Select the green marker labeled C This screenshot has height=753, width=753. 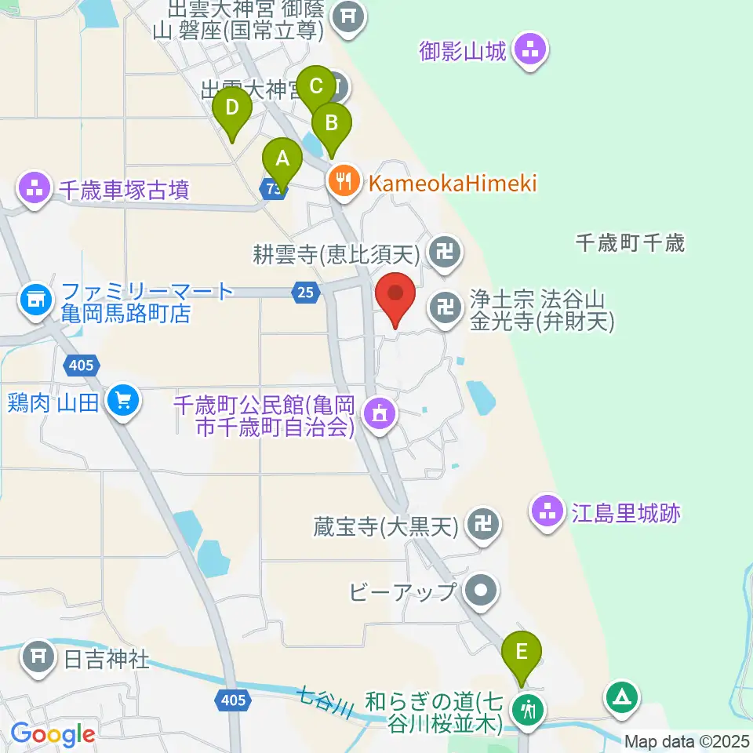pyautogui.click(x=316, y=87)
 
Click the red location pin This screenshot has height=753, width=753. pyautogui.click(x=395, y=295)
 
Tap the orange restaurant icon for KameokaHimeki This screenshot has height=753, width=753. pyautogui.click(x=344, y=183)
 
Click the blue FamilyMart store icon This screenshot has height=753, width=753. pyautogui.click(x=35, y=299)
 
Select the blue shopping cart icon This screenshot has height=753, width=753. pyautogui.click(x=123, y=401)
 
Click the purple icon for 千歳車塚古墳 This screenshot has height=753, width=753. pyautogui.click(x=34, y=188)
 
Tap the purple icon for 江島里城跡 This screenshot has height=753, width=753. pyautogui.click(x=547, y=514)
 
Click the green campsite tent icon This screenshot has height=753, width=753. pyautogui.click(x=621, y=697)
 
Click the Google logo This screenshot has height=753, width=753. pyautogui.click(x=53, y=735)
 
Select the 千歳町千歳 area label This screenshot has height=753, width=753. pyautogui.click(x=630, y=243)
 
